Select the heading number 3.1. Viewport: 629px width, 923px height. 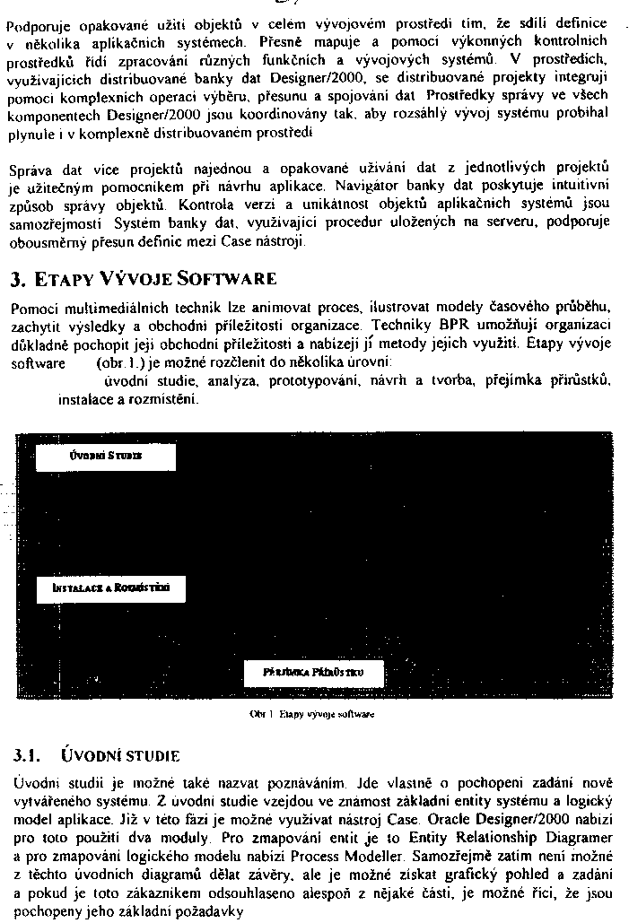coord(22,755)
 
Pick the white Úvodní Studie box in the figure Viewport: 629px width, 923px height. coord(105,456)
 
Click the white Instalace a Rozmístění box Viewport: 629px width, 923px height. coord(110,588)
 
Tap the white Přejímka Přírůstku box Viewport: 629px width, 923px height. coord(312,671)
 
